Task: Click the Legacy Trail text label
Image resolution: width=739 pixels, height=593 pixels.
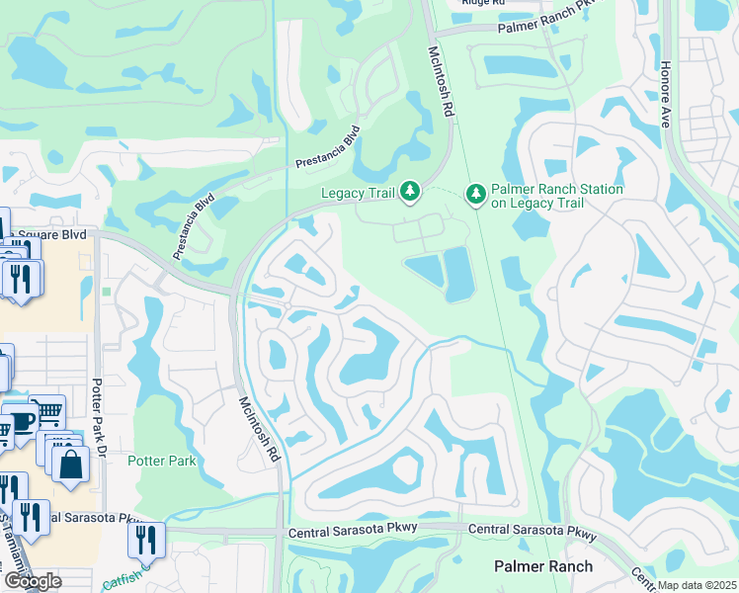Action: tap(358, 194)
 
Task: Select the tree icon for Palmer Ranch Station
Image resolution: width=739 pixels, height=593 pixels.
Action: tap(476, 194)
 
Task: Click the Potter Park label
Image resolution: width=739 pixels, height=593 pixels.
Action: tap(162, 461)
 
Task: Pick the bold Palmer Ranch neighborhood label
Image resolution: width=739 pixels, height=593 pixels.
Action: tap(543, 566)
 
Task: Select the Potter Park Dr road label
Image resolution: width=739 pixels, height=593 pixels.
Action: tap(98, 415)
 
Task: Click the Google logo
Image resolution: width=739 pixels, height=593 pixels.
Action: tap(32, 581)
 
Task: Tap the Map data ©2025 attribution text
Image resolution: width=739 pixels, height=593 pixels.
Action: tap(697, 586)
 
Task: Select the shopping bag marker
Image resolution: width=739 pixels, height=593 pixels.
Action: tap(72, 463)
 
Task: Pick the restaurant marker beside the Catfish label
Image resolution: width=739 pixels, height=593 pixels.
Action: tap(145, 540)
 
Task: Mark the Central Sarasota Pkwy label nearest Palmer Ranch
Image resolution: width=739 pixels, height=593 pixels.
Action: tap(533, 534)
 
